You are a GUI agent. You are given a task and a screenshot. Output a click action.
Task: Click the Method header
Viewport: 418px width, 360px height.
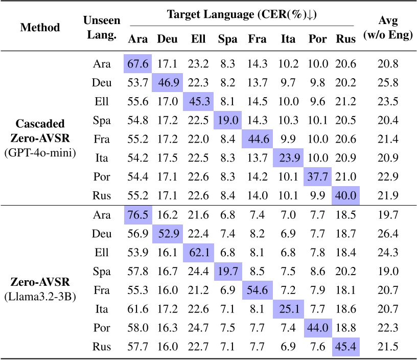40,27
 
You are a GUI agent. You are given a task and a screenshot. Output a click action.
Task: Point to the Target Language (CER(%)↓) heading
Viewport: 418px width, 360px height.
242,14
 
